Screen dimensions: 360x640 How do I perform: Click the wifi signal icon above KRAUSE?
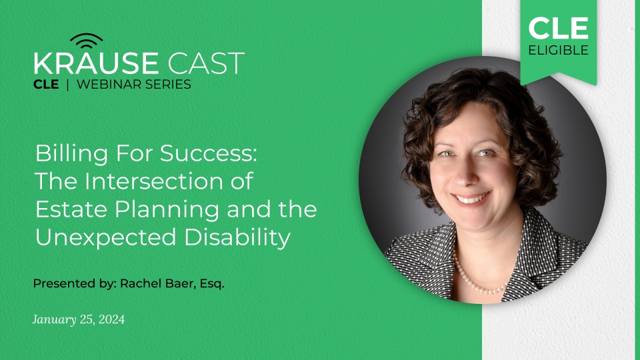(x=86, y=41)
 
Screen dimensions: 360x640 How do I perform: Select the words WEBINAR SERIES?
(x=134, y=85)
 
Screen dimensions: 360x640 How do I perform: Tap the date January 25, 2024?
(x=79, y=320)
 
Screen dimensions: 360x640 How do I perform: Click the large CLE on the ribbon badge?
(x=559, y=28)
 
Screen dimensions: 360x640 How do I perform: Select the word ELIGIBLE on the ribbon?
(x=559, y=51)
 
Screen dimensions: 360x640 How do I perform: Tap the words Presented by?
(x=74, y=283)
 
